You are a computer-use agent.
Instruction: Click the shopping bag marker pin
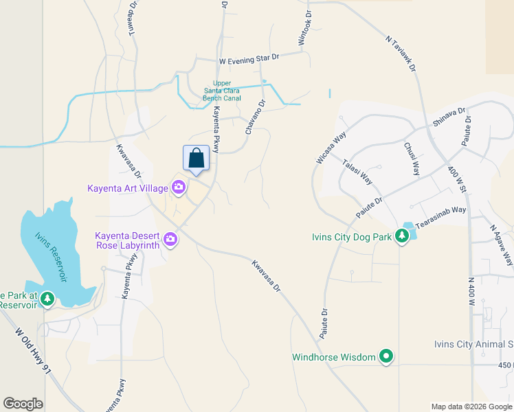[x=196, y=159]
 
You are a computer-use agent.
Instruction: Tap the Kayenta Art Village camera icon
[x=179, y=187]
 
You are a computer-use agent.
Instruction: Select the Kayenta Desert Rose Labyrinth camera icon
[x=170, y=240]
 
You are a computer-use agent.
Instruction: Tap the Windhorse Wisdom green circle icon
[x=386, y=356]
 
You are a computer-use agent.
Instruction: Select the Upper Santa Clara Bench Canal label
[x=221, y=91]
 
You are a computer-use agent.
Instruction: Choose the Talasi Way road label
[x=357, y=172]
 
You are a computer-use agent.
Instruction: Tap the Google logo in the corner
[x=23, y=404]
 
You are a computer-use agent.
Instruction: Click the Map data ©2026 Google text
[x=471, y=407]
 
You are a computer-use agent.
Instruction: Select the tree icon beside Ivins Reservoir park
[x=47, y=299]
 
